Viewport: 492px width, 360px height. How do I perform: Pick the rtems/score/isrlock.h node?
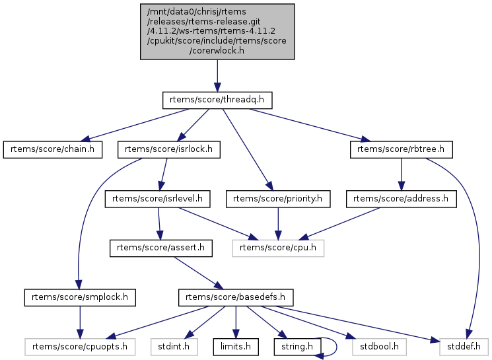tap(168, 149)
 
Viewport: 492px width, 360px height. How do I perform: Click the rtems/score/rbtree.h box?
tap(402, 149)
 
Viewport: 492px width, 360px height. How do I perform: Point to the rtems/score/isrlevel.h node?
tap(157, 198)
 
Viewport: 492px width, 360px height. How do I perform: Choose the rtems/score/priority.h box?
tap(278, 198)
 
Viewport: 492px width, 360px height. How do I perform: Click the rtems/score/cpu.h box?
tap(278, 248)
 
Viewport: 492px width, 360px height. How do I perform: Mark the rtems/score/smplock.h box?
tap(80, 298)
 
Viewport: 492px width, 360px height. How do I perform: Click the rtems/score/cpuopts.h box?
tap(80, 345)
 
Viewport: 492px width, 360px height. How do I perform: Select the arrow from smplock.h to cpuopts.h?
tap(80, 322)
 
